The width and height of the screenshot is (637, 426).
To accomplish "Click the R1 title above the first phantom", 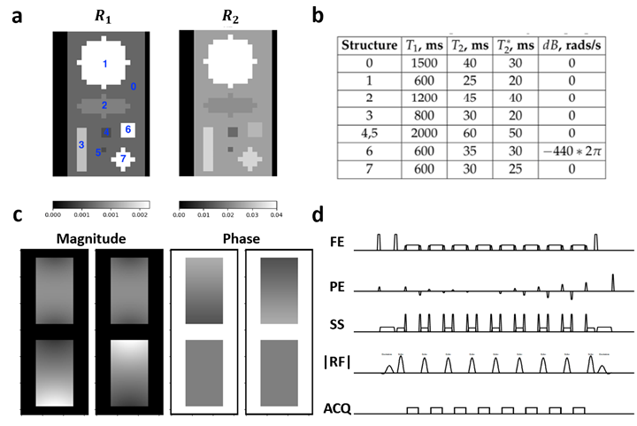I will (101, 15).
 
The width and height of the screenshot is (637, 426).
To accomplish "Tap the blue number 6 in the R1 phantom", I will (128, 130).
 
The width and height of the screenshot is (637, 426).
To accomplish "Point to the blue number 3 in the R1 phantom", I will (81, 144).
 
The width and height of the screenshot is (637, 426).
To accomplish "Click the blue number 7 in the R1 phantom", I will (124, 159).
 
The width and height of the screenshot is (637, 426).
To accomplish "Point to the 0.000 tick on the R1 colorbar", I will (52, 213).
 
